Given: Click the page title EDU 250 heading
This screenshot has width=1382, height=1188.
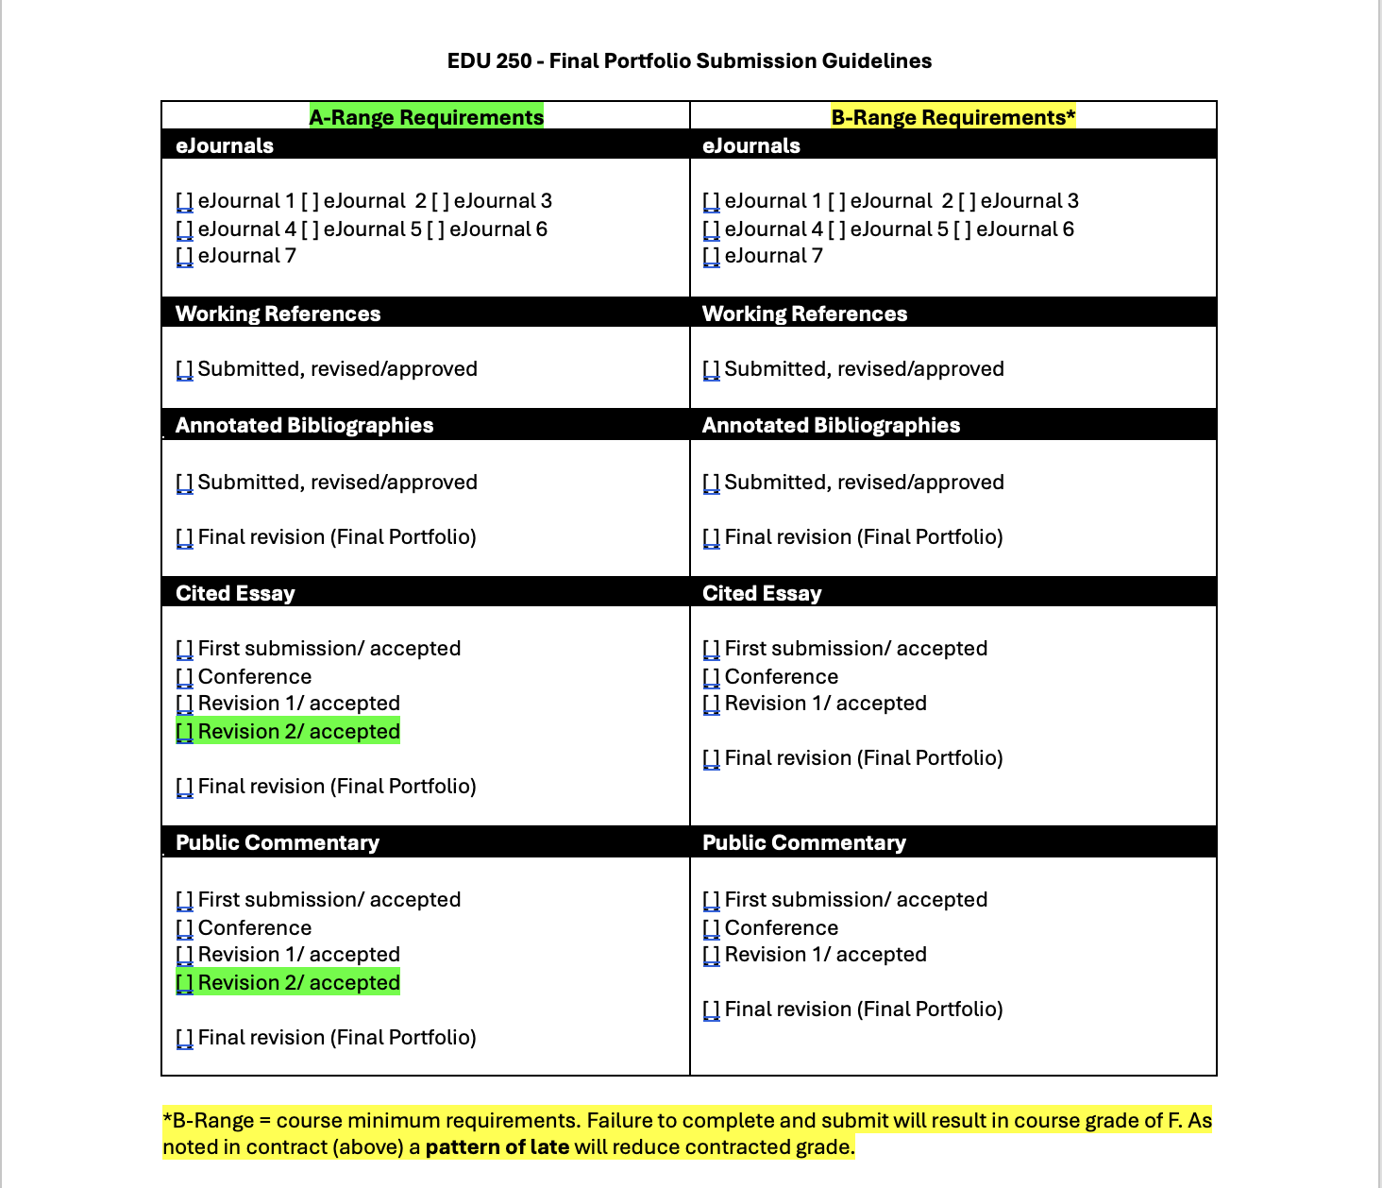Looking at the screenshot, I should click(689, 61).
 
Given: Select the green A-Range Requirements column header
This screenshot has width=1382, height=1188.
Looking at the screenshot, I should click(426, 117).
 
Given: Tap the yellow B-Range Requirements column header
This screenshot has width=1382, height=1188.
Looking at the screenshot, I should click(952, 117).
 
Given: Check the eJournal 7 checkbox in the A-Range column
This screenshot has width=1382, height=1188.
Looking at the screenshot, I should click(185, 256).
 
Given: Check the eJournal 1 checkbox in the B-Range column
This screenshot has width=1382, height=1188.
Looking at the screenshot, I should click(712, 201).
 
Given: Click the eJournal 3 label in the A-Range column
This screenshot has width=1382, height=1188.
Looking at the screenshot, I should click(502, 201).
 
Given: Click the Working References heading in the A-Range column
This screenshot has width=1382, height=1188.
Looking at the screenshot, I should click(278, 314).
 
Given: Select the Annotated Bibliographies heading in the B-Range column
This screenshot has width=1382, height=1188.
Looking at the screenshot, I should click(831, 425).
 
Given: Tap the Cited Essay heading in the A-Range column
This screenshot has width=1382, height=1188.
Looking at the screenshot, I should click(235, 593).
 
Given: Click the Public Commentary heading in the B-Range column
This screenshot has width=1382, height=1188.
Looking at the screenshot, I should click(803, 842).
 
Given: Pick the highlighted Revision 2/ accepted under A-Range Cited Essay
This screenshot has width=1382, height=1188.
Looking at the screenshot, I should click(298, 732).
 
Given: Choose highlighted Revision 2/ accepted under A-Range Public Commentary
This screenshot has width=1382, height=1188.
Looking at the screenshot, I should click(298, 983).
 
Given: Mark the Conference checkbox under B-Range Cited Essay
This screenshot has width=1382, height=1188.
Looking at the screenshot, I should click(712, 677).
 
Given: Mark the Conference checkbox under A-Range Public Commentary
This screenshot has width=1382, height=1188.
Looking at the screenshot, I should click(185, 928).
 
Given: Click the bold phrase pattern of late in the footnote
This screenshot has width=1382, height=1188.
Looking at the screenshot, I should click(497, 1147).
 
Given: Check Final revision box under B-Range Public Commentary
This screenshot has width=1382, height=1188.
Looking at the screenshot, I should click(712, 1010).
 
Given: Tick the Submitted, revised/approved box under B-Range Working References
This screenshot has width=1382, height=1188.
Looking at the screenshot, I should click(712, 369).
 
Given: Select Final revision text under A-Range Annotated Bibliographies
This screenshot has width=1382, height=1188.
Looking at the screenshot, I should click(336, 537).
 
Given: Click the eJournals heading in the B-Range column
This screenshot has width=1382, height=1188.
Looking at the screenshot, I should click(751, 145).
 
